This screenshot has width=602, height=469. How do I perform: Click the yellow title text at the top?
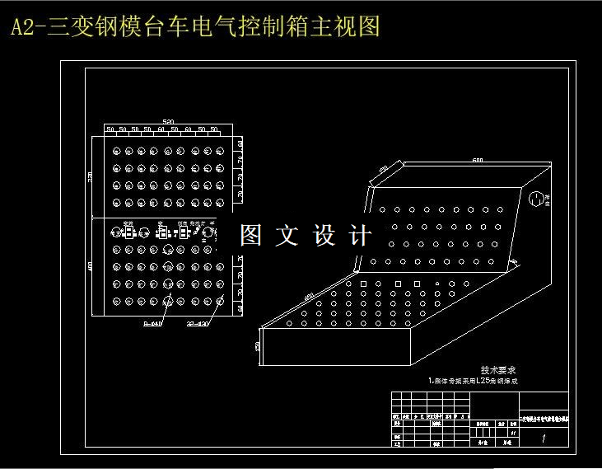point(195,27)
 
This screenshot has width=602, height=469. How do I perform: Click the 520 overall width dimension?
point(168,122)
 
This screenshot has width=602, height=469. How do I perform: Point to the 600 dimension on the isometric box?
point(477,160)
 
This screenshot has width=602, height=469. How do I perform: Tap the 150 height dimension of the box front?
point(259,347)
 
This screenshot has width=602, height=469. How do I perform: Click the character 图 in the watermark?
point(250,236)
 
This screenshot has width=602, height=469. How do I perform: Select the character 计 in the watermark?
point(360,236)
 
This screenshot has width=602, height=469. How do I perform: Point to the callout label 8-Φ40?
point(154,323)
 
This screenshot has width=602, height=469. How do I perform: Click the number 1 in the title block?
point(544,439)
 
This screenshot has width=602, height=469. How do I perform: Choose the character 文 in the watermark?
point(287,236)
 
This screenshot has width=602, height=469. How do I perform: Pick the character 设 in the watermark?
point(324,236)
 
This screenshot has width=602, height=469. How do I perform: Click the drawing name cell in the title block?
point(544,420)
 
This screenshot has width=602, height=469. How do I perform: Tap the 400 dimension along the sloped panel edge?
point(309,296)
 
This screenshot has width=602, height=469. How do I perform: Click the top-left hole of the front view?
point(117,151)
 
